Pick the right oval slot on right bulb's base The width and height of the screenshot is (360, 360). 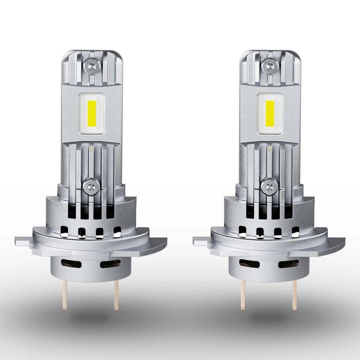click(288, 263)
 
